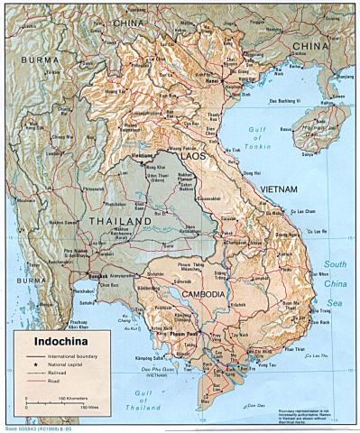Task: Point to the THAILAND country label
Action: click(118, 220)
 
